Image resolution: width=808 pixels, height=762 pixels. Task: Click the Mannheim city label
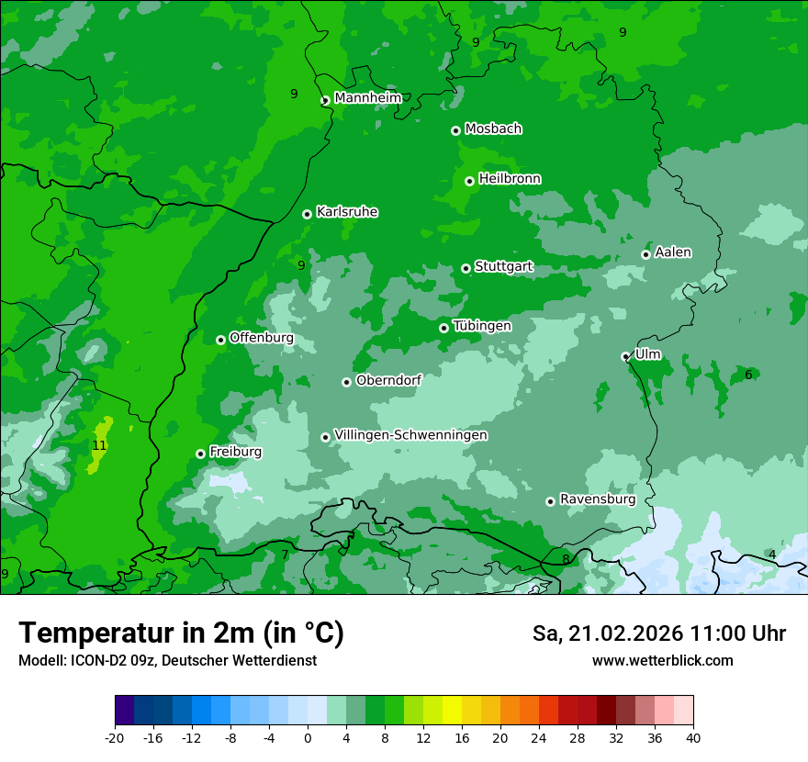pos(367,98)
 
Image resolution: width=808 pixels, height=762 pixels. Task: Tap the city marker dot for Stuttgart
pos(466,268)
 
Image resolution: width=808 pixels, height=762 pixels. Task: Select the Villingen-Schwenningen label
pos(410,435)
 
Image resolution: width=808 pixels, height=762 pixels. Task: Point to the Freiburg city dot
pos(200,454)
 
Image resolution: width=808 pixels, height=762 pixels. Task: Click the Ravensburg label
pos(597,499)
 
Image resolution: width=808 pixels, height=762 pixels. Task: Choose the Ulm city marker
pos(625,356)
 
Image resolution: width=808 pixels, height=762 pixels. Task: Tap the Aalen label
pos(673,252)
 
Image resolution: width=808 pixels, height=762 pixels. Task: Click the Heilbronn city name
pos(510,179)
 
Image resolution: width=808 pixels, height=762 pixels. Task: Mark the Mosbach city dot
pos(455,130)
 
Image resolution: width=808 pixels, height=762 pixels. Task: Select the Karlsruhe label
pos(347,212)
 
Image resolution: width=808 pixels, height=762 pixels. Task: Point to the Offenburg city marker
pos(220,340)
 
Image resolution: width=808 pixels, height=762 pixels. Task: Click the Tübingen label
pos(482,326)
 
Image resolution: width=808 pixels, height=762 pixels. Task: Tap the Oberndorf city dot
pos(346,382)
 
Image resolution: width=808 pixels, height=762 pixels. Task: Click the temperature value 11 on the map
pos(99,445)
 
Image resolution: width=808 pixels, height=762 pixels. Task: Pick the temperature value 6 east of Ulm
pos(748,375)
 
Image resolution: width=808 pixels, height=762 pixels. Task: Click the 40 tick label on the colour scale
pos(692,737)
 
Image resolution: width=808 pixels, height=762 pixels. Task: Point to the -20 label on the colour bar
pos(115,737)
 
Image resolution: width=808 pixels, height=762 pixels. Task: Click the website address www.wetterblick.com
pos(662,661)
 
